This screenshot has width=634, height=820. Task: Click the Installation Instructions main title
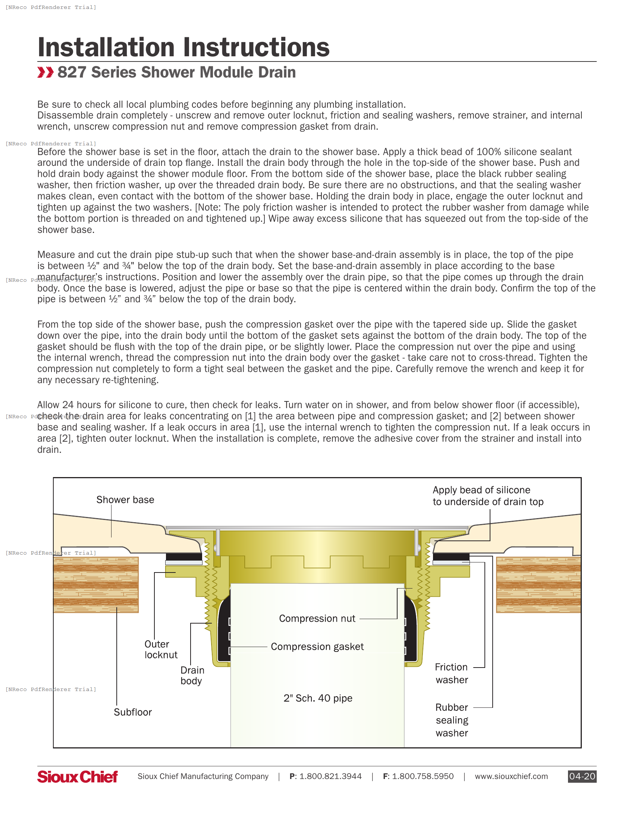183,48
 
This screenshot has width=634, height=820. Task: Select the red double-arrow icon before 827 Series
45,72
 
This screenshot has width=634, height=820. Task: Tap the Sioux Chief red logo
77,776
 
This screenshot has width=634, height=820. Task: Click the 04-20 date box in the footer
582,776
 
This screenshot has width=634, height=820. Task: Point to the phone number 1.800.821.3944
330,776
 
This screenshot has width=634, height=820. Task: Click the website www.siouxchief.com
511,776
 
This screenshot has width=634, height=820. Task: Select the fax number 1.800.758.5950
423,776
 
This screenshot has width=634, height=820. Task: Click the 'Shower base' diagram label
125,500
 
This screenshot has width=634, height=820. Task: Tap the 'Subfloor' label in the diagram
133,712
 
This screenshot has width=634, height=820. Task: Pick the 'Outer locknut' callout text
160,650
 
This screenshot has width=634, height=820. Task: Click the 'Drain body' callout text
192,675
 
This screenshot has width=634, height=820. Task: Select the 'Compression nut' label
317,619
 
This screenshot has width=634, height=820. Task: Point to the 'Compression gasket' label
317,647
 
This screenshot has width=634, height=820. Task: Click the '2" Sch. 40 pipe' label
318,698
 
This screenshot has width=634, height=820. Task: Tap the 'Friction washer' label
452,674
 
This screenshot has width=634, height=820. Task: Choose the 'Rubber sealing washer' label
452,720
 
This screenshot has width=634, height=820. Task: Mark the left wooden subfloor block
96,584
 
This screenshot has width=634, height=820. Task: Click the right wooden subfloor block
538,584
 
